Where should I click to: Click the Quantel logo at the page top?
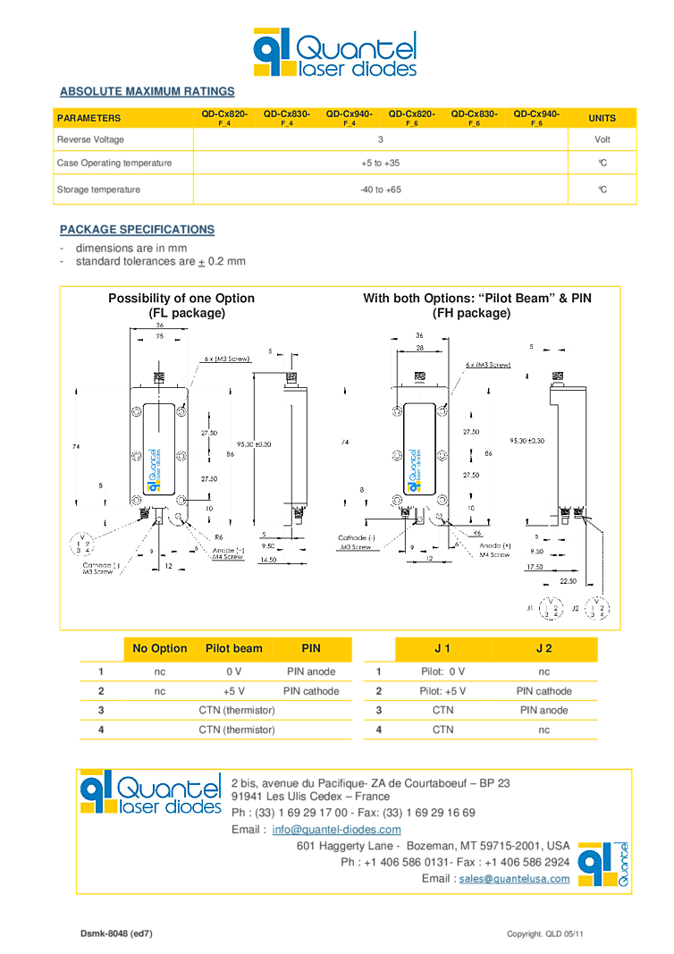[334, 53]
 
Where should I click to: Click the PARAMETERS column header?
[88, 118]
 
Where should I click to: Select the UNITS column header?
[602, 118]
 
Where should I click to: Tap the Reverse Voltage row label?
[90, 139]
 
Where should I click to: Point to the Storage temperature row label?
[98, 190]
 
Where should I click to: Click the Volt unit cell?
[602, 139]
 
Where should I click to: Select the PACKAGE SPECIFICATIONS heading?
[137, 230]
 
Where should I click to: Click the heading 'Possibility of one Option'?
[181, 299]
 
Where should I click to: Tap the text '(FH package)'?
[471, 313]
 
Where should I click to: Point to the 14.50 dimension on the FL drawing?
[269, 560]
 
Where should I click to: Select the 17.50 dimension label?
[536, 566]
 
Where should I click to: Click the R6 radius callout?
[218, 536]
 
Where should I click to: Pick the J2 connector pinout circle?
[602, 610]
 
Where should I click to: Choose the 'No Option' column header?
[159, 648]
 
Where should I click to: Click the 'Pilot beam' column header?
[233, 648]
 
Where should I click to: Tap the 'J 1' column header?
[442, 648]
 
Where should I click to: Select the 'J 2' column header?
[543, 648]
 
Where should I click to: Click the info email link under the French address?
[336, 830]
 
